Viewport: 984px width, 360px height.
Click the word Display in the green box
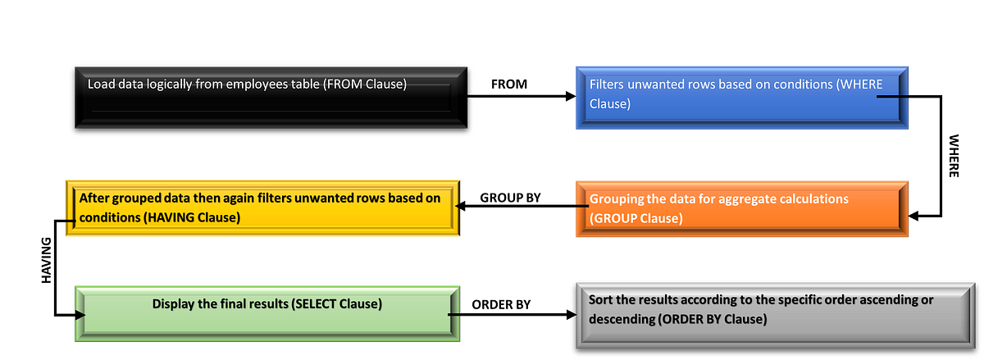[x=175, y=303]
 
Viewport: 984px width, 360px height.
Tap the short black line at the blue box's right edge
[x=893, y=97]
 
